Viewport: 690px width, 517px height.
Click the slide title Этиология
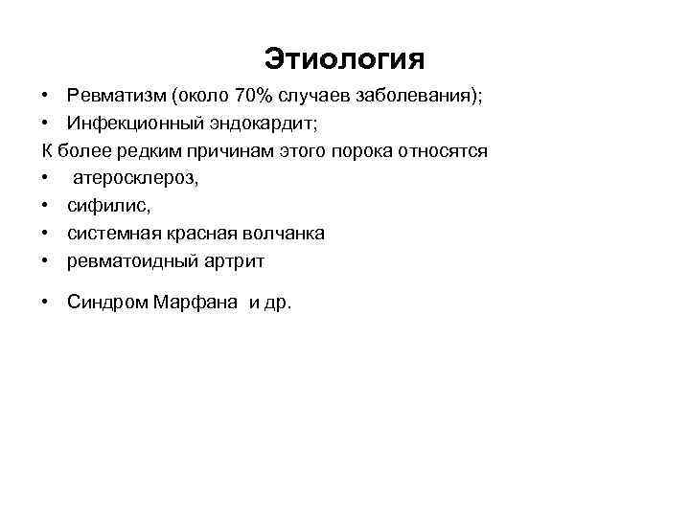344,58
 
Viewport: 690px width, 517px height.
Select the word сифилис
105,206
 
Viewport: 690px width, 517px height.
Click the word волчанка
285,234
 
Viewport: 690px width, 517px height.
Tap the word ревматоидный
131,260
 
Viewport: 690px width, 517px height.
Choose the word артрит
234,260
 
